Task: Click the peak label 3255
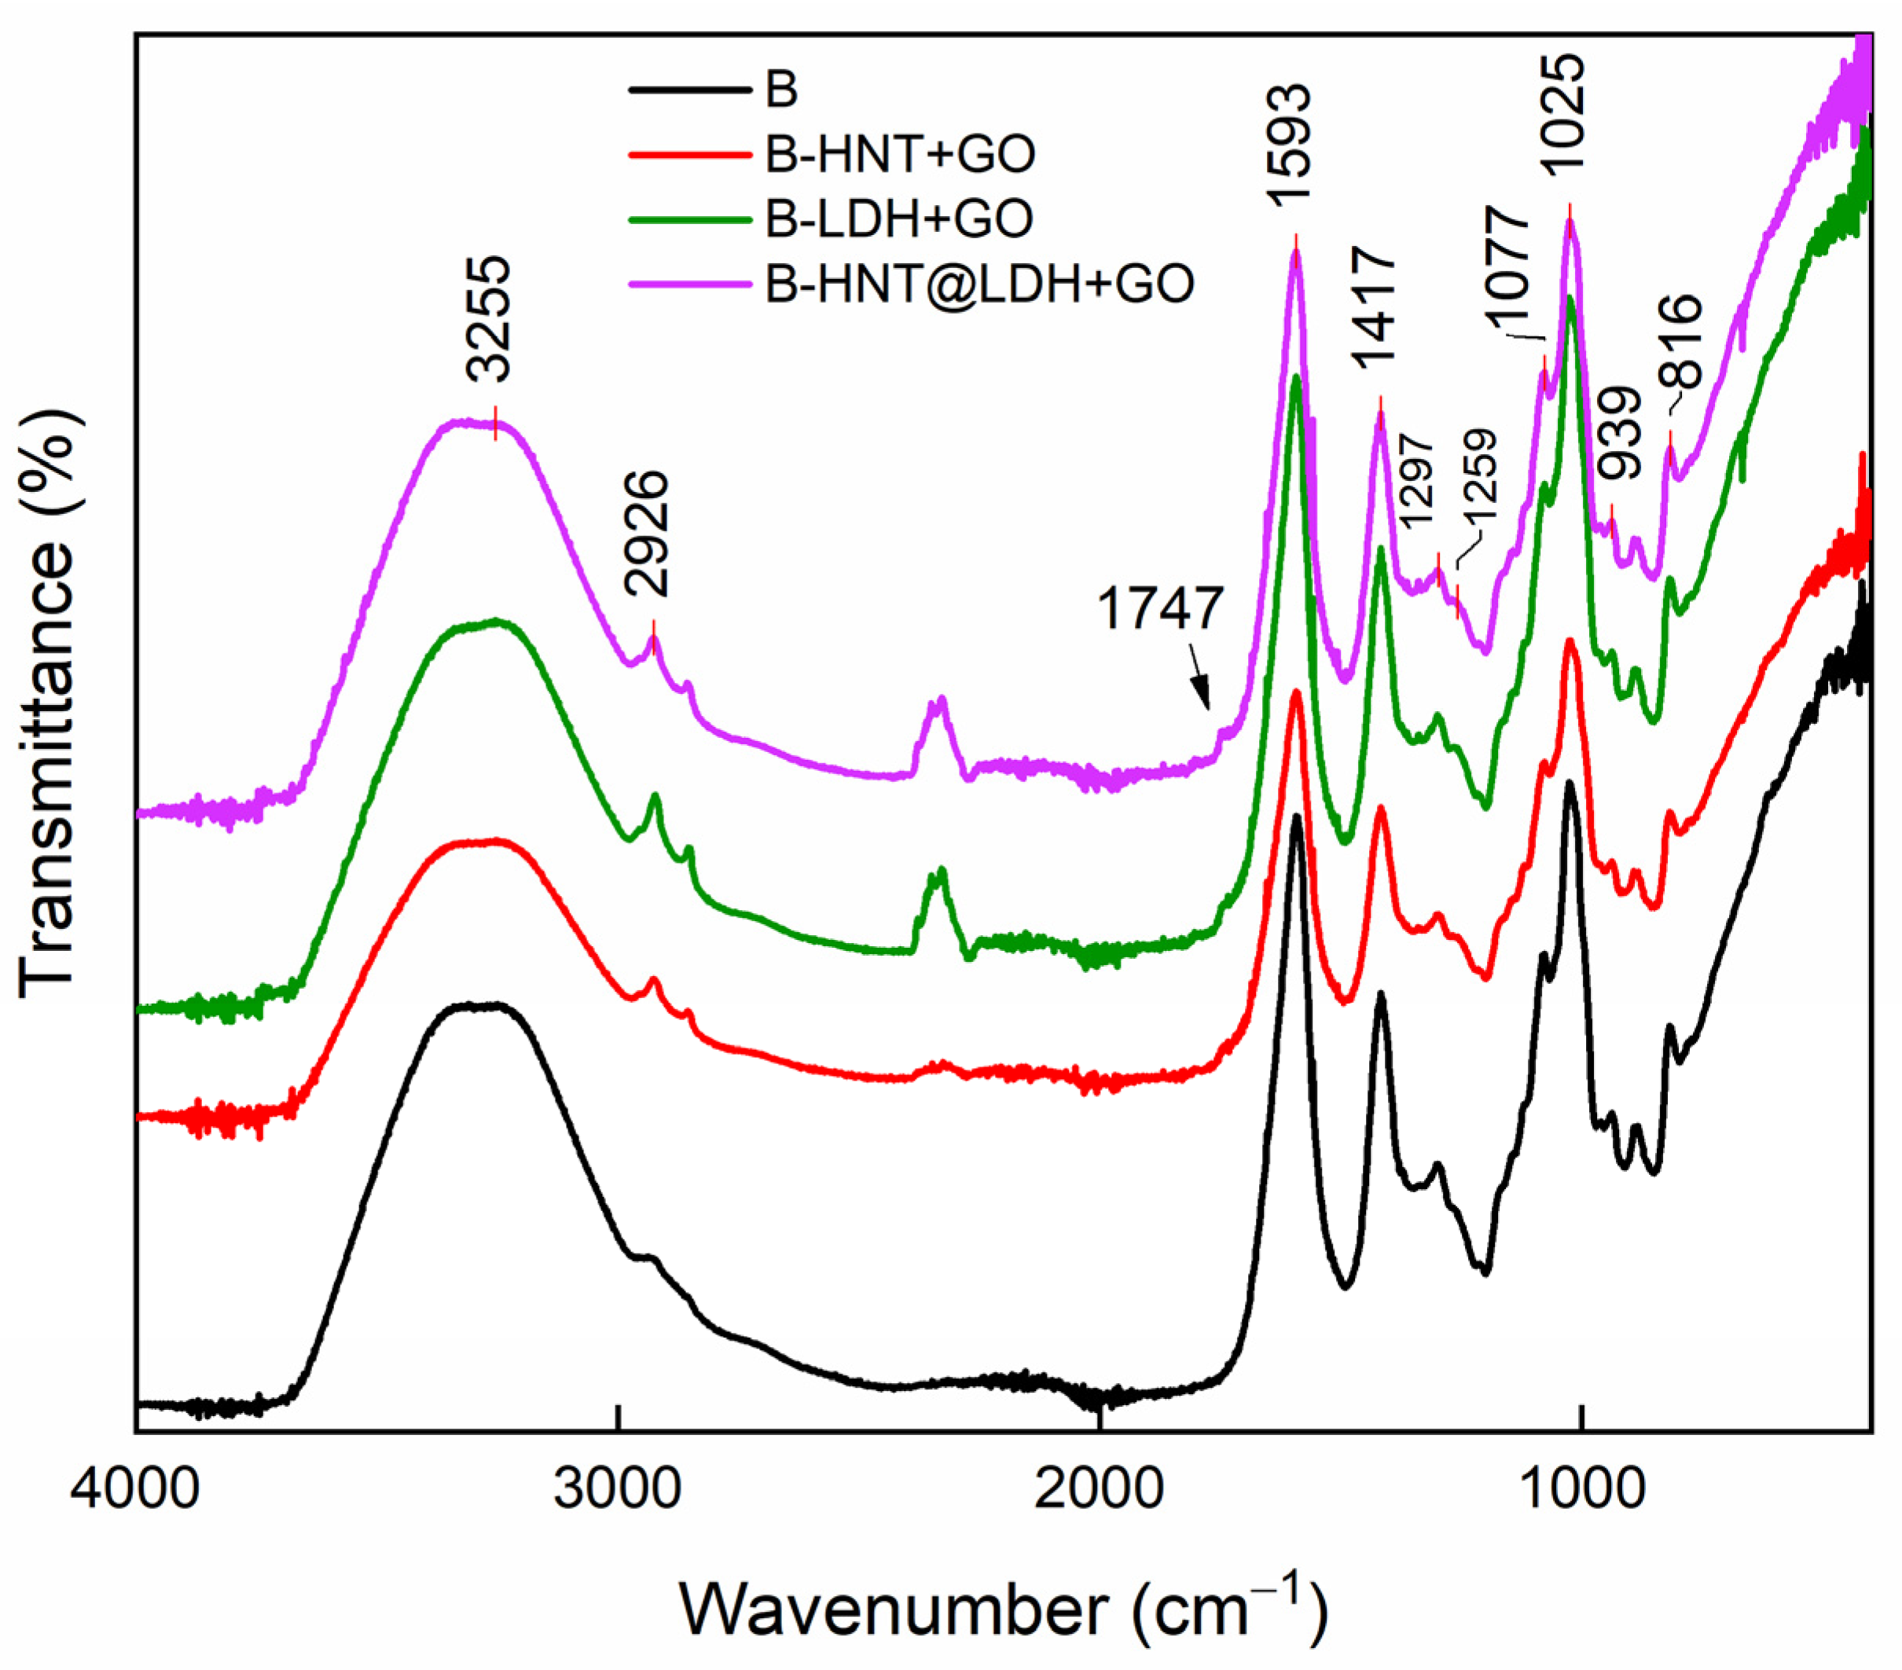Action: coord(490,319)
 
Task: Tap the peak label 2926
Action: coord(647,533)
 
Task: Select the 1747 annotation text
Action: coord(1159,609)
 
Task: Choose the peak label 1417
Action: coord(1375,308)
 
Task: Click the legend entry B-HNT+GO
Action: coord(900,155)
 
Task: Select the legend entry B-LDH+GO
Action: coord(899,218)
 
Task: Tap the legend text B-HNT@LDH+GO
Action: coord(979,283)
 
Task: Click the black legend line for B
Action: coord(689,90)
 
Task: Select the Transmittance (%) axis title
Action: coord(49,708)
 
